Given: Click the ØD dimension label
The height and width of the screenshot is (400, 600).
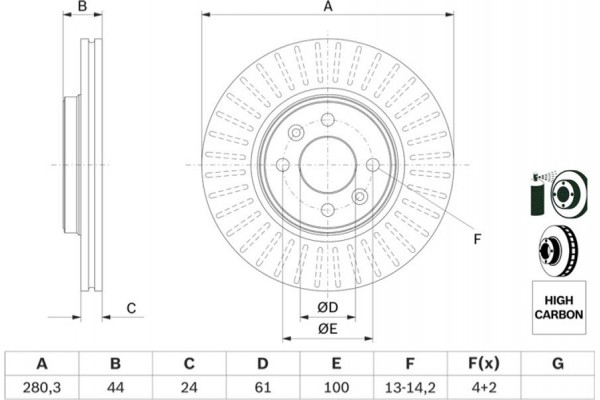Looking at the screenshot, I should (x=327, y=305).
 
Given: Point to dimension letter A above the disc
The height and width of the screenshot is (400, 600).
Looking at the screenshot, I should (x=327, y=8).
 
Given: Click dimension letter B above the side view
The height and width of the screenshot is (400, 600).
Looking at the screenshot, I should (x=84, y=8).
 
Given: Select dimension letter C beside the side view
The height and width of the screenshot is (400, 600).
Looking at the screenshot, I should (x=131, y=308).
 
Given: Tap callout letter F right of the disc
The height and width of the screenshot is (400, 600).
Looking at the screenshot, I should (x=477, y=237).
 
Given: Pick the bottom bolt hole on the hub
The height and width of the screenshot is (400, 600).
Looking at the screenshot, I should (x=327, y=208).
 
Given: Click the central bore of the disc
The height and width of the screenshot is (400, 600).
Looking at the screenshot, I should (x=327, y=165).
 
